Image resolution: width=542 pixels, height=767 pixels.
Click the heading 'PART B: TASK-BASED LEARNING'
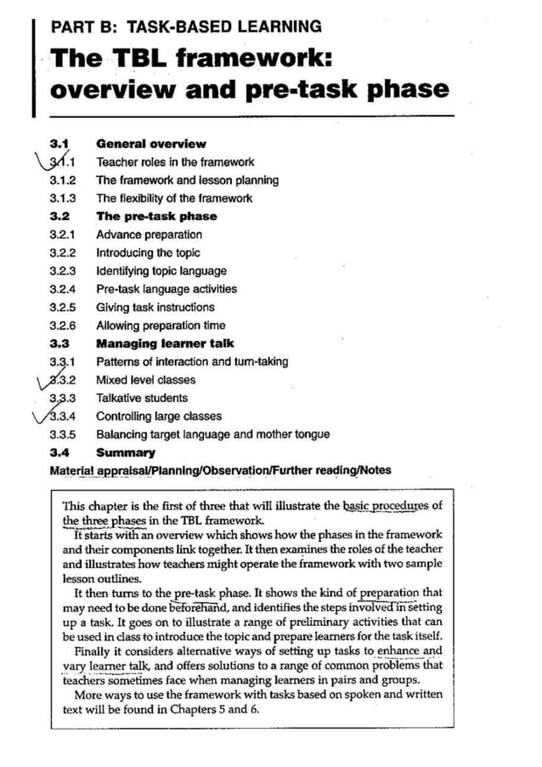point(186,26)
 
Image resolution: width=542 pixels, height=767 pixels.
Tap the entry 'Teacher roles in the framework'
point(175,162)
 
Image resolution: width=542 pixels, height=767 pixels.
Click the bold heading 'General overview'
point(150,144)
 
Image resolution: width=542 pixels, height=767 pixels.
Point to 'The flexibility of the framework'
point(174,198)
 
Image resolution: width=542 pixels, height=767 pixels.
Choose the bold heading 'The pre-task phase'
point(155,216)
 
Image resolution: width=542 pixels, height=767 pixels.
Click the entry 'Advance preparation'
point(149,235)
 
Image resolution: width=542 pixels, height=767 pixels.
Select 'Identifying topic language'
point(161,271)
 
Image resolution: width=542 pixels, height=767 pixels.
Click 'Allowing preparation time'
point(161,326)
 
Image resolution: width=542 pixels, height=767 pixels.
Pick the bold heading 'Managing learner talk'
point(165,344)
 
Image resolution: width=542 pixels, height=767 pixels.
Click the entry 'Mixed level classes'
point(145,380)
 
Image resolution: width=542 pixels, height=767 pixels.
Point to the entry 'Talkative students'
point(142,398)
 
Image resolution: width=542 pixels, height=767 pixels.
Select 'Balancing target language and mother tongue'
point(212,435)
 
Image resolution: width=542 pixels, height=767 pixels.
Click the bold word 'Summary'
point(125,452)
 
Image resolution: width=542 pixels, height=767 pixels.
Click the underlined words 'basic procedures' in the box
point(386,506)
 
